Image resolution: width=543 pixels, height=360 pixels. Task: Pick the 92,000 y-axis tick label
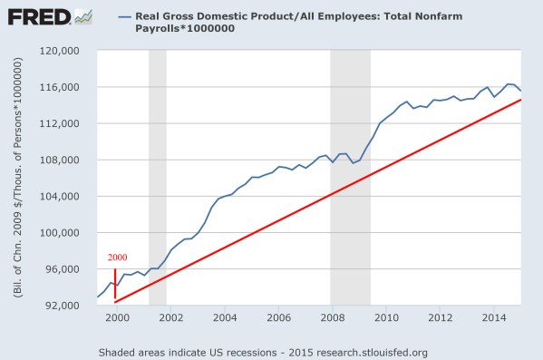[64, 305]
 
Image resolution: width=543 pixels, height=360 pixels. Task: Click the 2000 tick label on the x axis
[116, 318]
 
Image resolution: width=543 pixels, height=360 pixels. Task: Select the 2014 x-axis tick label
[493, 318]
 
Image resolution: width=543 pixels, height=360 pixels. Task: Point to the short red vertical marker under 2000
[115, 283]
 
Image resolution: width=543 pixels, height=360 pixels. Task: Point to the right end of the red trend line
[520, 99]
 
